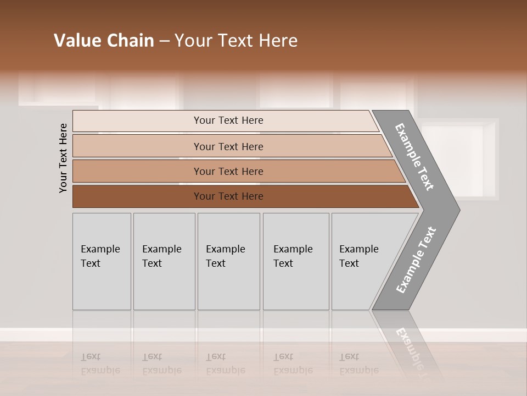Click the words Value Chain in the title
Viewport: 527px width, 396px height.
(104, 41)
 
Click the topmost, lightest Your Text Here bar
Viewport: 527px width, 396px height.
(228, 120)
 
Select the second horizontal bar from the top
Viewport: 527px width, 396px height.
(228, 146)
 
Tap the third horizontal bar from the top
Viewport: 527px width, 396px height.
(228, 171)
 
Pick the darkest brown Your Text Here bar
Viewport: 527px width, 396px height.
(228, 196)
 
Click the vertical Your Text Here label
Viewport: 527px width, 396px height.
(63, 158)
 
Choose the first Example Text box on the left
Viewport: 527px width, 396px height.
(102, 261)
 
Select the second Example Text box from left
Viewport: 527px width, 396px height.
(164, 261)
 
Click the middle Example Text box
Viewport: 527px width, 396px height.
(228, 261)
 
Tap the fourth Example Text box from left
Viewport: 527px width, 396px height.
(295, 261)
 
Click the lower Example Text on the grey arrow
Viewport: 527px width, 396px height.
(416, 260)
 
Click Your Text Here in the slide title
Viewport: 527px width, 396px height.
(236, 41)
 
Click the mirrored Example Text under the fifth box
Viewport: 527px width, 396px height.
(358, 364)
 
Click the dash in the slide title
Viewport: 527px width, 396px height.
(164, 41)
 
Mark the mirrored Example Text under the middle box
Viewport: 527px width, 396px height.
(225, 364)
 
